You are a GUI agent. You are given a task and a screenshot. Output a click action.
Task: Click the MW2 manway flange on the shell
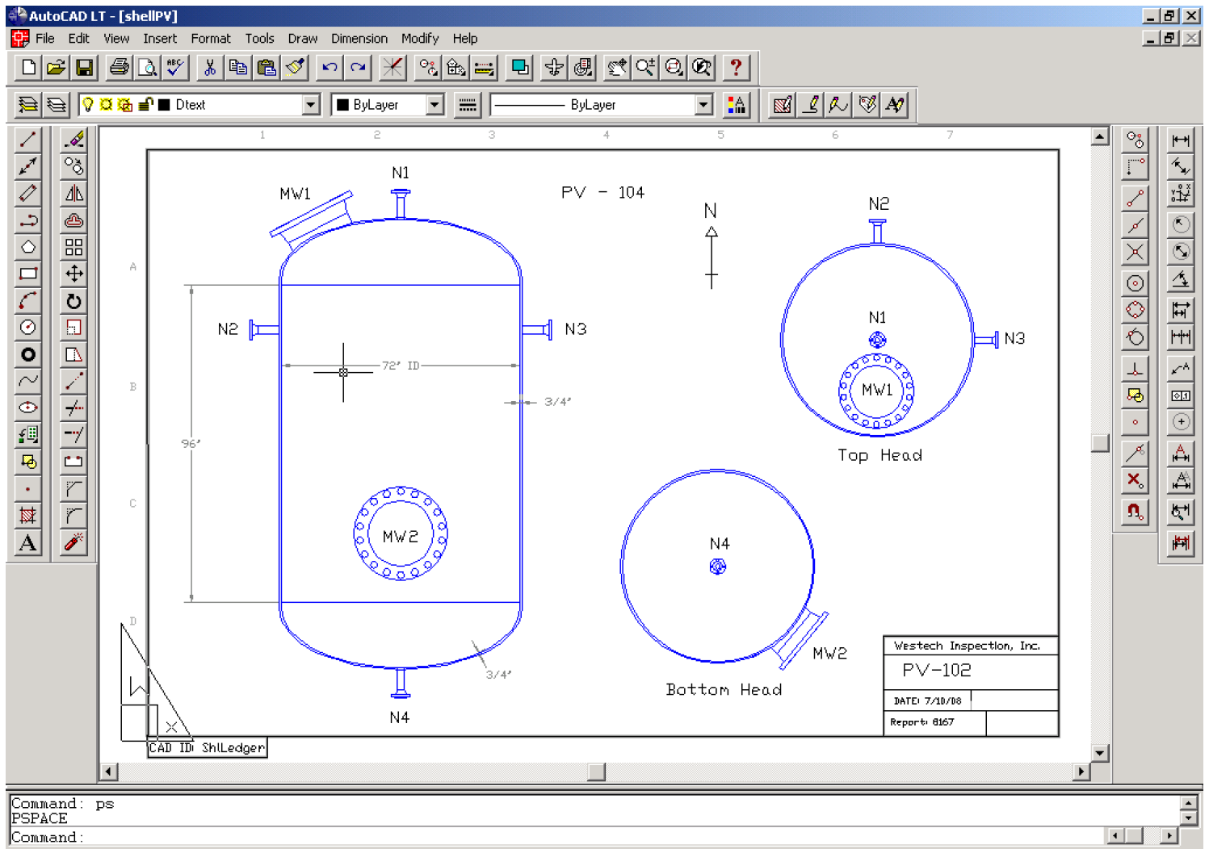[401, 533]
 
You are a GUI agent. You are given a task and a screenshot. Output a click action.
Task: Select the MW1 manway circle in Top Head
[876, 391]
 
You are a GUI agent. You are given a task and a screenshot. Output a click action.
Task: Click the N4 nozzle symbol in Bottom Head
[717, 567]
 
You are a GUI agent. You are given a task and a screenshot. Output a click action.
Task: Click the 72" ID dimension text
[401, 366]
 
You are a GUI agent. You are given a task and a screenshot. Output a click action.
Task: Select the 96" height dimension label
[191, 443]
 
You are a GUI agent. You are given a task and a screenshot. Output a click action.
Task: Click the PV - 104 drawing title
[602, 192]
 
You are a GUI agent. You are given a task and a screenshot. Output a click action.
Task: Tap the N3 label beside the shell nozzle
[575, 329]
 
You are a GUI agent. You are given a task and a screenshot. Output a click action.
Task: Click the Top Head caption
[879, 455]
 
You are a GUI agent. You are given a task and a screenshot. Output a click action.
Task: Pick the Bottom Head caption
[724, 689]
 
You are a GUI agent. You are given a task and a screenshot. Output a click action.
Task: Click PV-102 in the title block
[937, 671]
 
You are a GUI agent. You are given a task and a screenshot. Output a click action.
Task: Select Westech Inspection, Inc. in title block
[967, 646]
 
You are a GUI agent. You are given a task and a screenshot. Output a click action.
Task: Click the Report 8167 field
[922, 722]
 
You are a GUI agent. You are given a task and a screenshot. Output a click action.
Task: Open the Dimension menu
[359, 38]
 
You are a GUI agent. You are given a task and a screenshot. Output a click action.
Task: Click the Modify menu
[419, 38]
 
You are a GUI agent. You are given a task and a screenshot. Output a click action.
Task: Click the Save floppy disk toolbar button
[84, 68]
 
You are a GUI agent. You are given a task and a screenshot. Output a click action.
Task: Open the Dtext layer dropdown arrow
[310, 105]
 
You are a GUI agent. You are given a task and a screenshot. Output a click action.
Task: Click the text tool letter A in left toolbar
[27, 543]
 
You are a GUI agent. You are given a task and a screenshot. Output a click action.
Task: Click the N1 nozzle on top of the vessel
[400, 203]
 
